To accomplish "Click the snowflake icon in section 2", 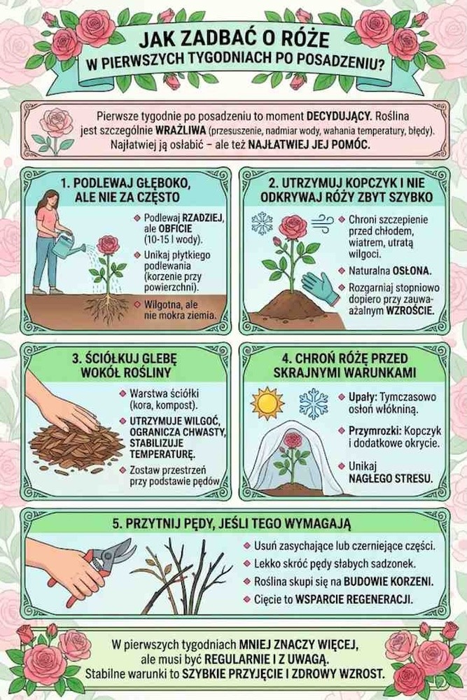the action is pyautogui.click(x=262, y=223).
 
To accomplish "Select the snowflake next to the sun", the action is pyautogui.click(x=314, y=402).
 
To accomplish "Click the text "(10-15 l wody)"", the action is pyautogui.click(x=173, y=239).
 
